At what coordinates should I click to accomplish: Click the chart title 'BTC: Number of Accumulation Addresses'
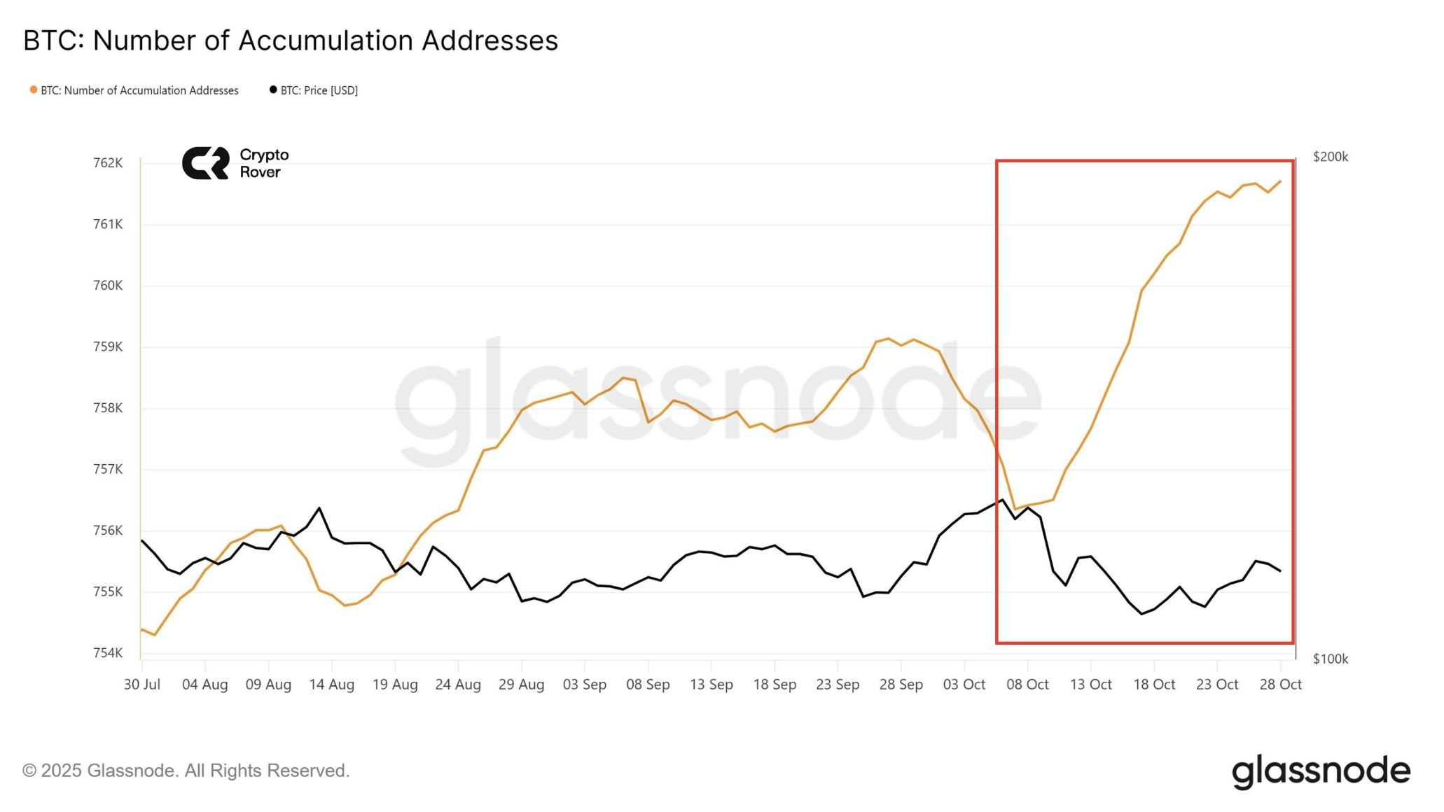click(x=291, y=41)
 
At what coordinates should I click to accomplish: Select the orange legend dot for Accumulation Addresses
click(x=33, y=90)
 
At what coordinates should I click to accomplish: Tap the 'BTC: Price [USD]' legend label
click(x=319, y=90)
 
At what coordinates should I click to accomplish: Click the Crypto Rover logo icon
click(x=205, y=163)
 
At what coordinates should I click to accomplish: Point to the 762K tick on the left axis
click(x=108, y=163)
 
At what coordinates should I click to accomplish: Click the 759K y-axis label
click(x=108, y=346)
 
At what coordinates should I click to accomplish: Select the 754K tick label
click(x=108, y=653)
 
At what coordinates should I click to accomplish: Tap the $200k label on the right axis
click(x=1330, y=157)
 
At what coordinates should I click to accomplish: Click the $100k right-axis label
click(x=1330, y=659)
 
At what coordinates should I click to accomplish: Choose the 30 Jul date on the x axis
click(x=142, y=685)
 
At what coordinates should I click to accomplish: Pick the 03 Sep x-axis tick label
click(x=585, y=685)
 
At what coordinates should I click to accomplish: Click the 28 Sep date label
click(x=901, y=685)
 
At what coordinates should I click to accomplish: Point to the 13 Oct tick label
click(x=1090, y=685)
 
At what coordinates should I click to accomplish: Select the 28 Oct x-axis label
click(x=1280, y=685)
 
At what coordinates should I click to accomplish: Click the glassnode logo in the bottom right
click(x=1321, y=771)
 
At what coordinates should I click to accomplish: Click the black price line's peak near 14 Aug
click(x=319, y=508)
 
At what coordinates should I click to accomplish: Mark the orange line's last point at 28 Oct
click(x=1280, y=181)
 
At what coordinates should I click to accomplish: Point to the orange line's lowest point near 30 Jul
click(x=154, y=635)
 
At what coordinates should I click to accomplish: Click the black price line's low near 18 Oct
click(x=1142, y=614)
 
